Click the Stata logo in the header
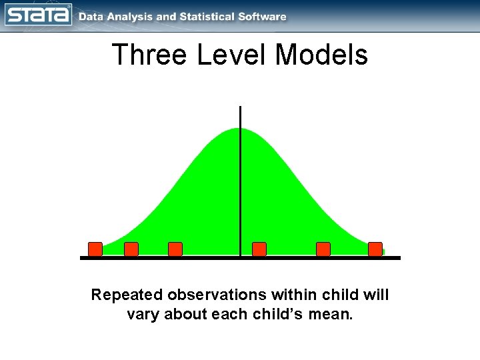(x=38, y=15)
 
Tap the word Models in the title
(x=321, y=55)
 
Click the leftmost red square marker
(x=95, y=249)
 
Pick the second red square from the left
(x=131, y=249)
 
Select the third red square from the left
(x=175, y=249)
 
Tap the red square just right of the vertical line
(x=259, y=249)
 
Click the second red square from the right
(x=323, y=249)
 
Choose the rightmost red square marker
(x=375, y=249)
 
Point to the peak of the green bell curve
(x=240, y=129)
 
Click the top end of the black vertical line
(x=240, y=107)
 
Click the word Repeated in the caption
(x=127, y=295)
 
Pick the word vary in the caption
(x=143, y=313)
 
